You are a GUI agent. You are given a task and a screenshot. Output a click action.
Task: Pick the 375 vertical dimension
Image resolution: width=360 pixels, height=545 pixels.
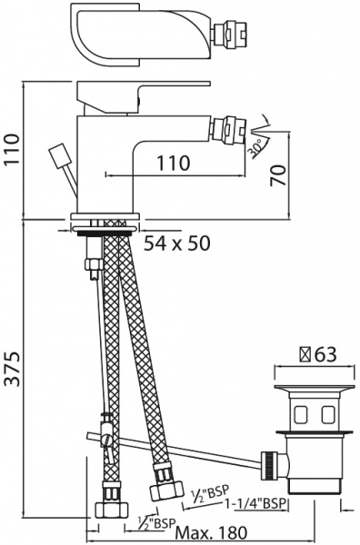12,368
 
